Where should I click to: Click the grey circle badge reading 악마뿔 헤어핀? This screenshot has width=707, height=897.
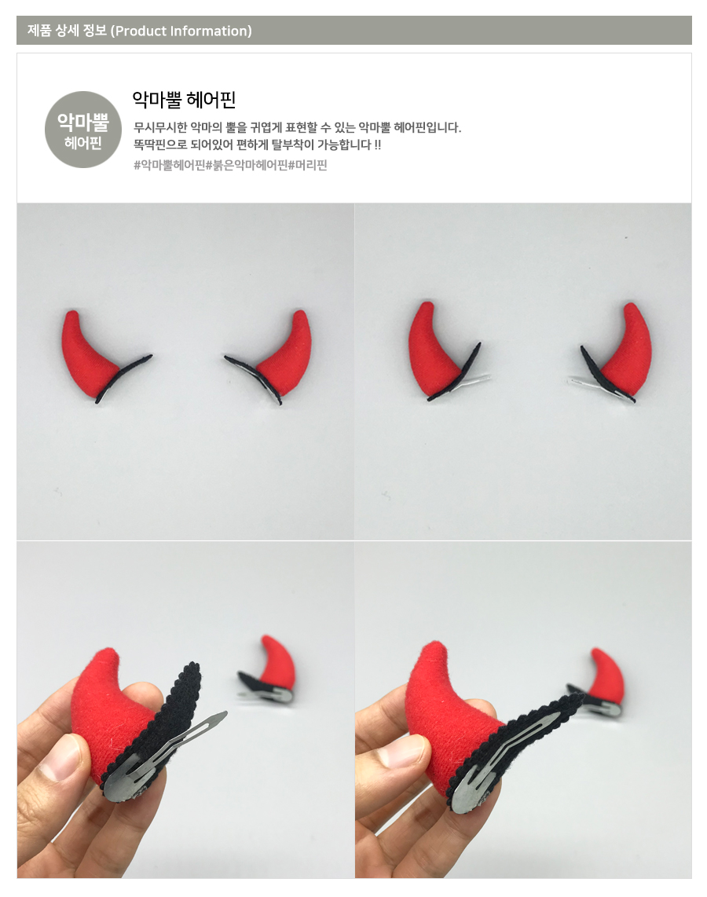[83, 130]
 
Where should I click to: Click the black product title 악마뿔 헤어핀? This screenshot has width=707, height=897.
[184, 100]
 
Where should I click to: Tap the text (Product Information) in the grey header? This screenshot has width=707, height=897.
[181, 31]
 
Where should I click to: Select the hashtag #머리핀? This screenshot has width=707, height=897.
[308, 165]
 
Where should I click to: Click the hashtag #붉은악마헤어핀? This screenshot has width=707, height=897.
[247, 165]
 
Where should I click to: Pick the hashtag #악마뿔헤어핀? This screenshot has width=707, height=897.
[170, 165]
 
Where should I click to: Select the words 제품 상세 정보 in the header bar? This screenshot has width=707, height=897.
[67, 31]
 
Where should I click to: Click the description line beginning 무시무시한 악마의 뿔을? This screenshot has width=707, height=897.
[298, 127]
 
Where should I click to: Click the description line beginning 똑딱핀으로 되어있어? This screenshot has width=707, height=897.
[258, 145]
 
